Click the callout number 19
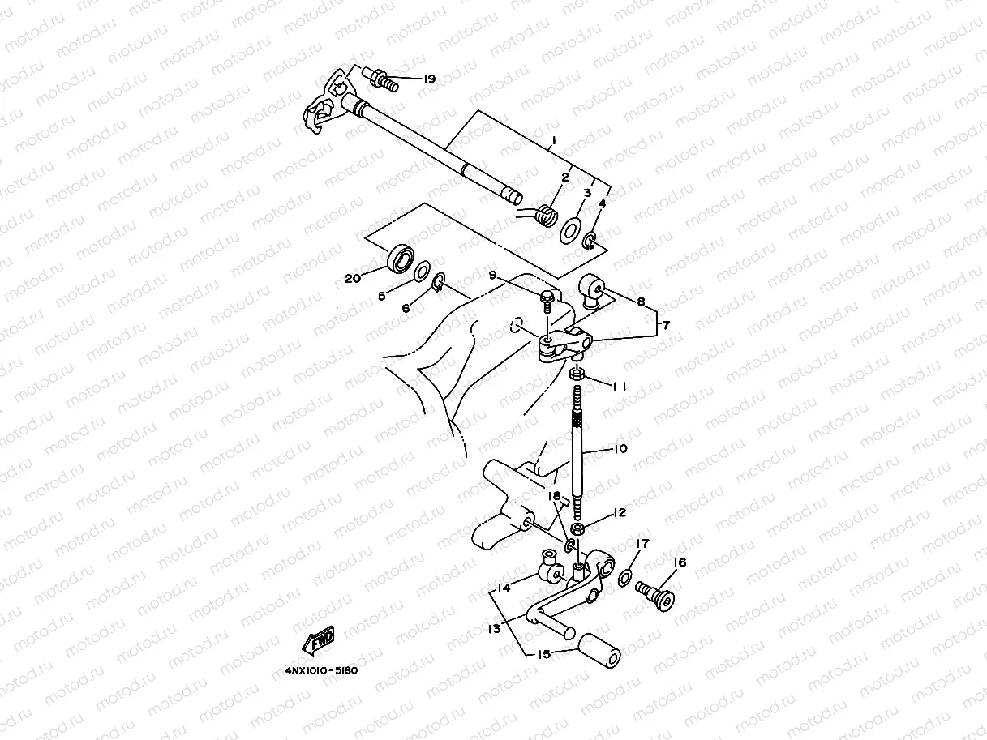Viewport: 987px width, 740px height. (x=429, y=79)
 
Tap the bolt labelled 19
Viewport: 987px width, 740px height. (x=382, y=79)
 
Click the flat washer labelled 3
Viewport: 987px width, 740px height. (x=570, y=229)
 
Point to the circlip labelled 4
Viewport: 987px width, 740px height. (x=591, y=240)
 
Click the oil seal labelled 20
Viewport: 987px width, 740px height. (x=399, y=258)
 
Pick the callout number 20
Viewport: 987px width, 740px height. (x=352, y=279)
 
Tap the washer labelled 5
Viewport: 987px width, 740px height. (x=422, y=271)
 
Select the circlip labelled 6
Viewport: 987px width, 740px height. (x=438, y=284)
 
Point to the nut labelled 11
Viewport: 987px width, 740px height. (x=577, y=374)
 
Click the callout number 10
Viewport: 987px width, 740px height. (x=620, y=449)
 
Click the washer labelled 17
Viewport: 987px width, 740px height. (x=625, y=578)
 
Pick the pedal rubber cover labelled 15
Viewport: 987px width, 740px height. (x=600, y=655)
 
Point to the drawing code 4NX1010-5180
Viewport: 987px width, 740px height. (x=321, y=671)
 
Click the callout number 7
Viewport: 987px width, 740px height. (x=666, y=325)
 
